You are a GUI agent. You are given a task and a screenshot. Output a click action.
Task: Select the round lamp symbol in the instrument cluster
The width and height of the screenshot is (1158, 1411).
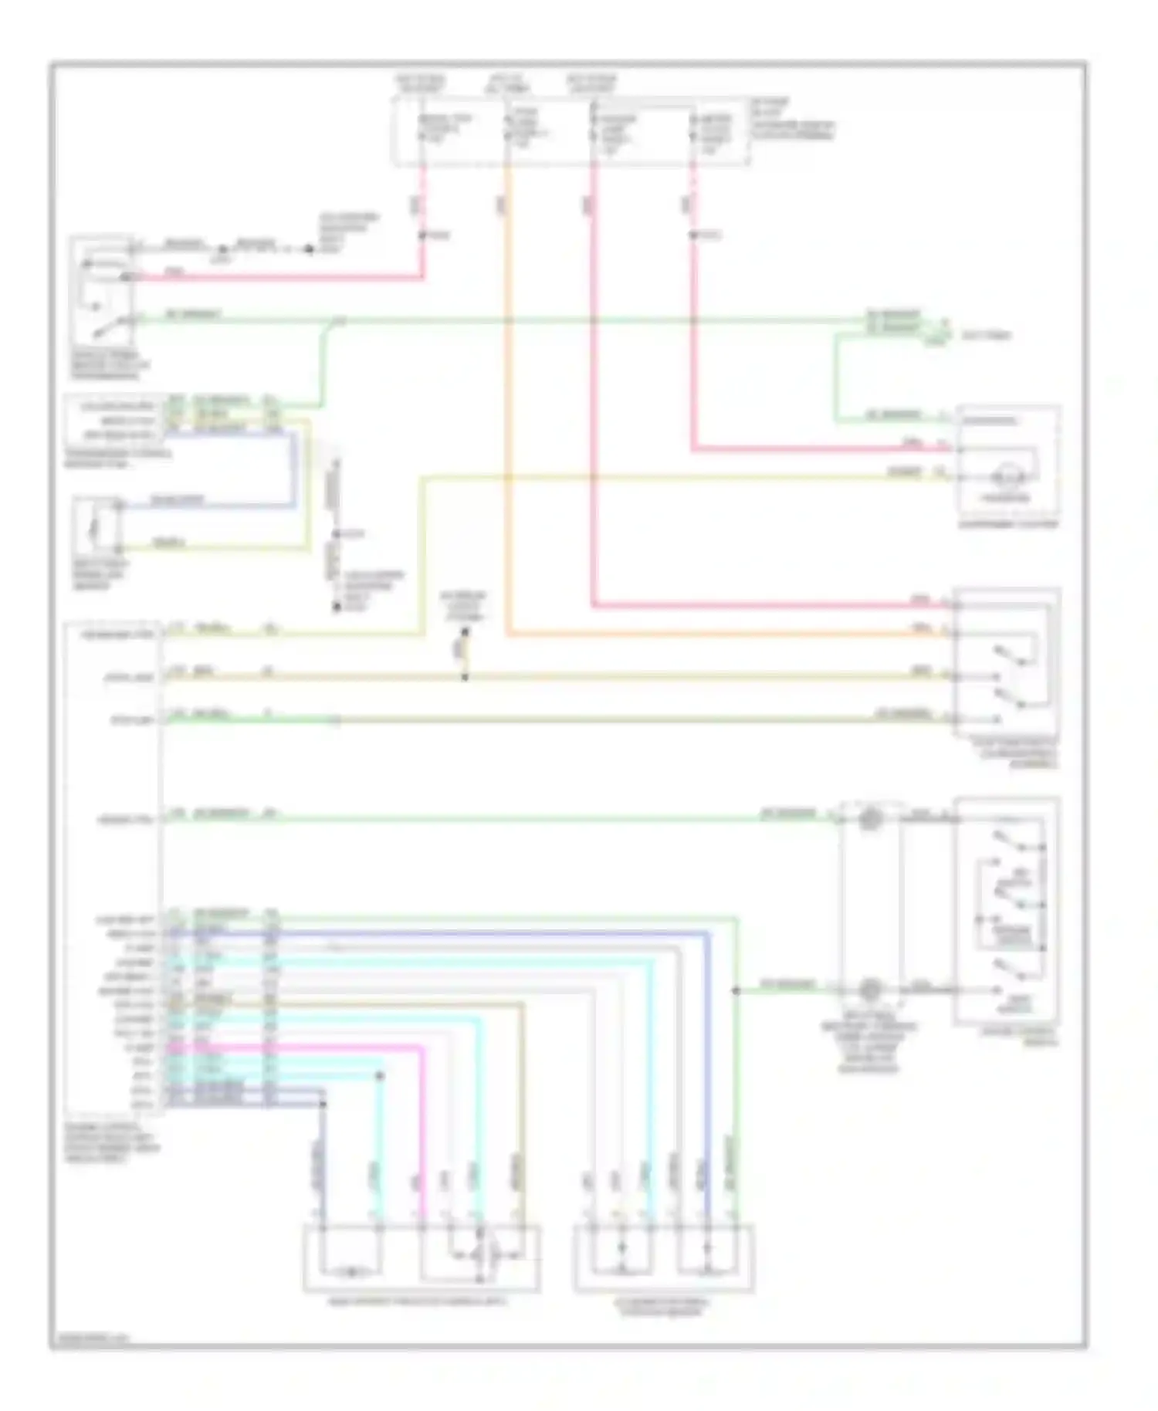click(1007, 476)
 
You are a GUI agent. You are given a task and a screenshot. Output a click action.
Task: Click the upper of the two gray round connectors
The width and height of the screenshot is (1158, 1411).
click(870, 819)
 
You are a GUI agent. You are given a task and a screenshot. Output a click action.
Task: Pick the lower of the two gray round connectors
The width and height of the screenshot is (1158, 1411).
click(870, 989)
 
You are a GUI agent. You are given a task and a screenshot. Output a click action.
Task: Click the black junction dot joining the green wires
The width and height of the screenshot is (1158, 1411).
click(736, 990)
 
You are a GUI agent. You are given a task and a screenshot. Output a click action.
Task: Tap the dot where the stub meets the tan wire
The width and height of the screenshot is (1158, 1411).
click(465, 678)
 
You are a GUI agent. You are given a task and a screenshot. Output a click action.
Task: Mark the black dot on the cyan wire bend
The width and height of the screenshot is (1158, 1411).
click(380, 1075)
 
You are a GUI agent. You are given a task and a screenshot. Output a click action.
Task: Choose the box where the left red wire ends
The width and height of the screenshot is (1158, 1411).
click(102, 292)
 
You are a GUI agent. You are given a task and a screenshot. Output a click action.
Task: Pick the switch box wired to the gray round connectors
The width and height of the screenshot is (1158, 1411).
click(1007, 911)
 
